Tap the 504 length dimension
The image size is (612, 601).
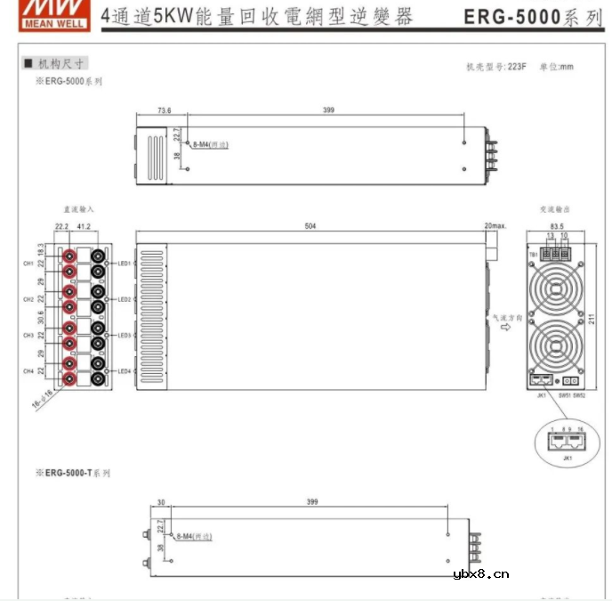tap(310, 226)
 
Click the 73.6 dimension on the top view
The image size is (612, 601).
tap(164, 111)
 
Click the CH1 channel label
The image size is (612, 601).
tap(28, 264)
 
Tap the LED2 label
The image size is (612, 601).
tap(125, 300)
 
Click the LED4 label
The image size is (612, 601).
tap(125, 371)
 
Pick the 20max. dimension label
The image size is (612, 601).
tap(495, 226)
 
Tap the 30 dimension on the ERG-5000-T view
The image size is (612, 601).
tap(161, 502)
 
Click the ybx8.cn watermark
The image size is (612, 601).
tap(480, 574)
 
